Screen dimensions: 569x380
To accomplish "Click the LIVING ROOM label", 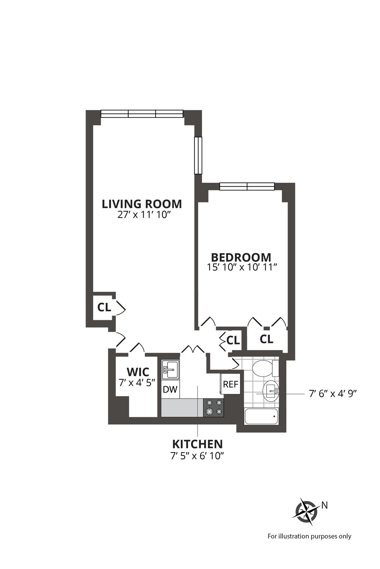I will point(142,204).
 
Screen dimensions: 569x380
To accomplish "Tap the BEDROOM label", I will point(241,257).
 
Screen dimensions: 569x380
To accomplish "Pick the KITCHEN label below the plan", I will point(197,444).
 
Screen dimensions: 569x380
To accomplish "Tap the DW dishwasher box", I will point(170,389).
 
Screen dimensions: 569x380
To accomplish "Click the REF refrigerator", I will point(231,384).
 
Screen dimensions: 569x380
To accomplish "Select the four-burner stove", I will point(213,407).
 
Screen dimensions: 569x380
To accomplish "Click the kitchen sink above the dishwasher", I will point(170,369).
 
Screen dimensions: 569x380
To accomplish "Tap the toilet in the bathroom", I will point(263,368).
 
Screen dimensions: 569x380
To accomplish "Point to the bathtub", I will point(261,417).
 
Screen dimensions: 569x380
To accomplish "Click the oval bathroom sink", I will point(271,391).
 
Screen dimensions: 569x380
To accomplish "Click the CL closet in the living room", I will point(104,307).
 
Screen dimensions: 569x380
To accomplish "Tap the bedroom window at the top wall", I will point(247,187).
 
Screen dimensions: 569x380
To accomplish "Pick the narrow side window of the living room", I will point(198,155).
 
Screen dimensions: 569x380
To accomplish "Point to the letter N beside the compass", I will point(324,505).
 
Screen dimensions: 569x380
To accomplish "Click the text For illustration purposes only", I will point(309,536).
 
